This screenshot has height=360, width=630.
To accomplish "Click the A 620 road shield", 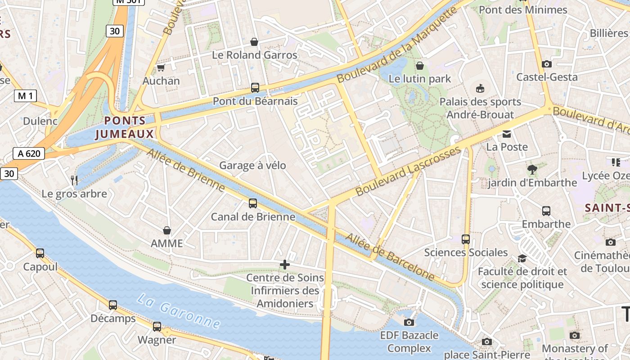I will point(29,153).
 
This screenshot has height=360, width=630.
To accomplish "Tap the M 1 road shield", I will point(25,96).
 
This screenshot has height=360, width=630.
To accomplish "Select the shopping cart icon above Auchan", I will point(161,68).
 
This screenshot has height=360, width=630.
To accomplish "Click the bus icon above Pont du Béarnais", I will point(255,88).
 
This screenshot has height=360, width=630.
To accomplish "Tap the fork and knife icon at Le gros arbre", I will point(74,180).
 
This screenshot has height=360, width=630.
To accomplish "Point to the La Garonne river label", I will point(179,311).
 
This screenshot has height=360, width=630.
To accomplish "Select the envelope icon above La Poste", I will point(507,134).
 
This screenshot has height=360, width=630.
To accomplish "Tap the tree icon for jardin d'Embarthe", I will point(532,170).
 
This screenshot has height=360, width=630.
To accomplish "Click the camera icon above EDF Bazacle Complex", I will point(409,322).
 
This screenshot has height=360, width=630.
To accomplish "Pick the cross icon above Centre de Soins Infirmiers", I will point(285,265).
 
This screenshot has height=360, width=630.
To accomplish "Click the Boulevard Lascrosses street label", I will point(408,171).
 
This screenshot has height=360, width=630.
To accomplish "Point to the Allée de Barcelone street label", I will point(390,257).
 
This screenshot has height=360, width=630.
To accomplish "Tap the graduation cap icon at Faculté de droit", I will point(522,258).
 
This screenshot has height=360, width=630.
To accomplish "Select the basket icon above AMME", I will point(167,230).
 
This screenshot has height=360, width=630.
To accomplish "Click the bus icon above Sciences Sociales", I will point(466,239).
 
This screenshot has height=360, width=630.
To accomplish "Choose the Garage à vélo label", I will point(252,166).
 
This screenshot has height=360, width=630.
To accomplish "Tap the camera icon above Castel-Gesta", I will point(547,64).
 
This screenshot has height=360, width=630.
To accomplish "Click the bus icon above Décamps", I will point(113,305).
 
